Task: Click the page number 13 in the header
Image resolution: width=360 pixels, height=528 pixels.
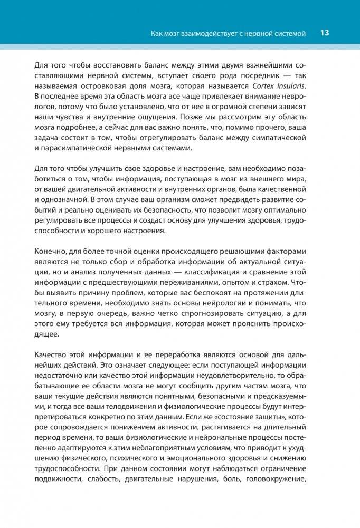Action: (x=325, y=33)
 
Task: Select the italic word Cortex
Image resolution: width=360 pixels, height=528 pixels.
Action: (x=286, y=87)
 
